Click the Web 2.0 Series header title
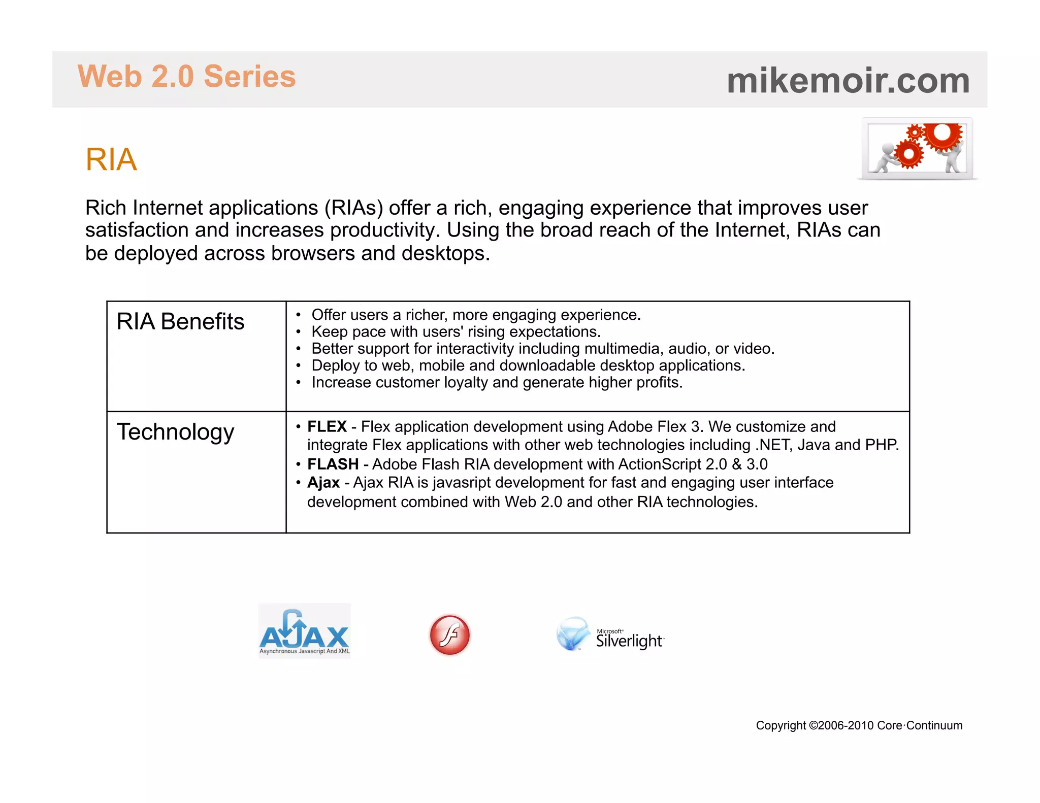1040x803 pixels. coord(186,77)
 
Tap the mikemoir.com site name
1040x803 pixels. coord(848,81)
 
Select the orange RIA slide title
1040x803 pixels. coord(111,159)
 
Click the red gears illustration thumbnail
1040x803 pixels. coord(917,148)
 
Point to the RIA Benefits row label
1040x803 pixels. coord(180,322)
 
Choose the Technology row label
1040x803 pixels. coord(175,432)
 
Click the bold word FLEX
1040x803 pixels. coord(327,426)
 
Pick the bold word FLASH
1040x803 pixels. coord(333,464)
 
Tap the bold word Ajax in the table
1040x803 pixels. coord(323,482)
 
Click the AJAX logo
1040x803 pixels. coord(304,631)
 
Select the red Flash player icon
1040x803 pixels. coord(449,635)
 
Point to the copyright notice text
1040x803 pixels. coord(859,725)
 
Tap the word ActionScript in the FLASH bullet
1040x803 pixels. coord(660,464)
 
